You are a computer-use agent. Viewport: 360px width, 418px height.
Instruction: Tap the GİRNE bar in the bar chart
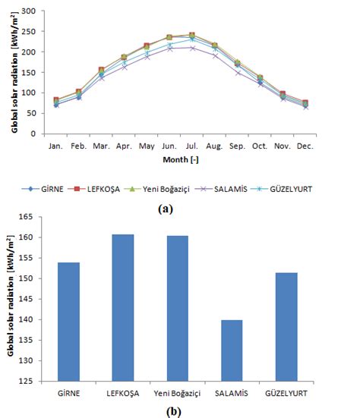[x=68, y=322]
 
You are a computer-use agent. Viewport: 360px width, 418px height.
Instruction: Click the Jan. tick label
[x=55, y=144]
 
